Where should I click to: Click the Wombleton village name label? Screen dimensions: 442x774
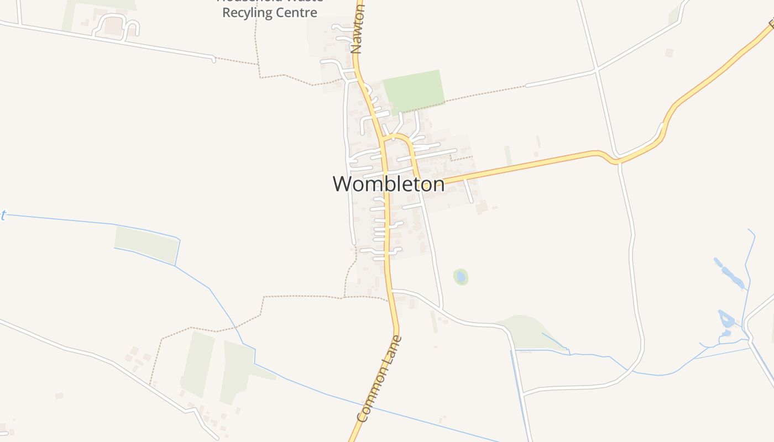[388, 184]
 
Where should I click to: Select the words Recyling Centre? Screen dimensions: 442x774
[269, 13]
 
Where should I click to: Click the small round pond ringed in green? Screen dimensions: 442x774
[461, 276]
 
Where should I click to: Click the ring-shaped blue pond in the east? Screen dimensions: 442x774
[725, 319]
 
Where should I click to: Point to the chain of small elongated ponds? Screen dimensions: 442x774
[729, 273]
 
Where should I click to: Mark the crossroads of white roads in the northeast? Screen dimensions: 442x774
[596, 70]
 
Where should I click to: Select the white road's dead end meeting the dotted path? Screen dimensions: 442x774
[213, 58]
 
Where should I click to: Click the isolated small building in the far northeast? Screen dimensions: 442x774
[669, 53]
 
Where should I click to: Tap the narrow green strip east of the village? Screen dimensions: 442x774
[508, 156]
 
